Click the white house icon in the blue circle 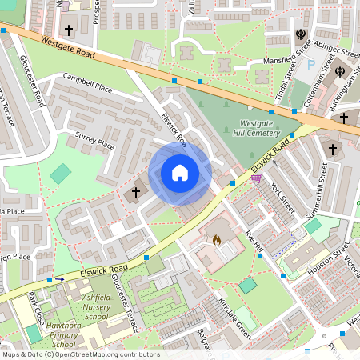tap(180, 173)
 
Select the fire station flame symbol tap(215, 239)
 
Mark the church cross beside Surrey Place tap(136, 192)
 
